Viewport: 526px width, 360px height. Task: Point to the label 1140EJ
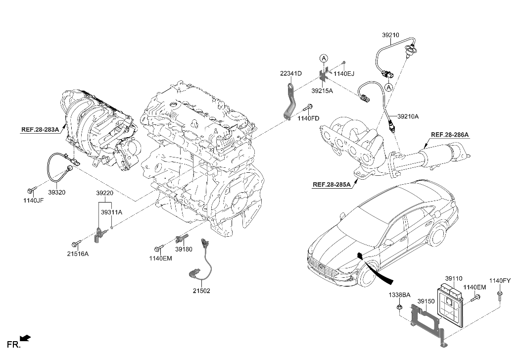pyautogui.click(x=344, y=74)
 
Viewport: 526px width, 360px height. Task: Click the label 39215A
pyautogui.click(x=322, y=92)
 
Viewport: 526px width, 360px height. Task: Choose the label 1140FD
pyautogui.click(x=308, y=118)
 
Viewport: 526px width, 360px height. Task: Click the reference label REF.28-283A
pyautogui.click(x=40, y=130)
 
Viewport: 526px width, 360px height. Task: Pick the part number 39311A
pyautogui.click(x=111, y=212)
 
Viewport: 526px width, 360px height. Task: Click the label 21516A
pyautogui.click(x=78, y=254)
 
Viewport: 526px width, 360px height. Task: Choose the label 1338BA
pyautogui.click(x=399, y=295)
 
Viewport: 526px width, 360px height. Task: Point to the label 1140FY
pyautogui.click(x=500, y=281)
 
